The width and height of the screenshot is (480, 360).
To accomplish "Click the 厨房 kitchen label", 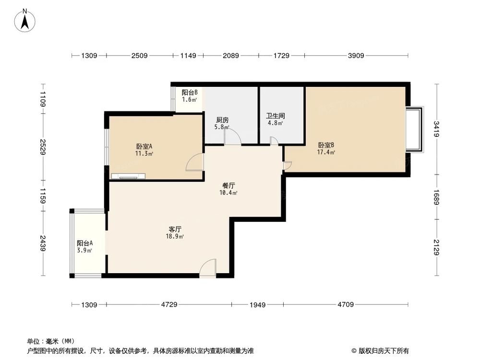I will click(x=221, y=120).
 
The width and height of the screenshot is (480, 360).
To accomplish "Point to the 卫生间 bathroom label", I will click(x=276, y=116).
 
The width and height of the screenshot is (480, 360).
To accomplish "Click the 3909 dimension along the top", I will click(x=356, y=56).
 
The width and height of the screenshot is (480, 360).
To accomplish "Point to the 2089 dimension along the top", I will click(x=230, y=56).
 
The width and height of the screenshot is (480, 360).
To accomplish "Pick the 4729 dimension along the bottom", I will click(x=168, y=304).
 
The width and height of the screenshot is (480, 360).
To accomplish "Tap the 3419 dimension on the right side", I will click(x=436, y=129).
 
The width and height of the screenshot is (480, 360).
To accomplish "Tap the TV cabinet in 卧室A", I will click(x=128, y=176).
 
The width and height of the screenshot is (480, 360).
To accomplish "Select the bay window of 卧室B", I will click(x=416, y=129).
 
